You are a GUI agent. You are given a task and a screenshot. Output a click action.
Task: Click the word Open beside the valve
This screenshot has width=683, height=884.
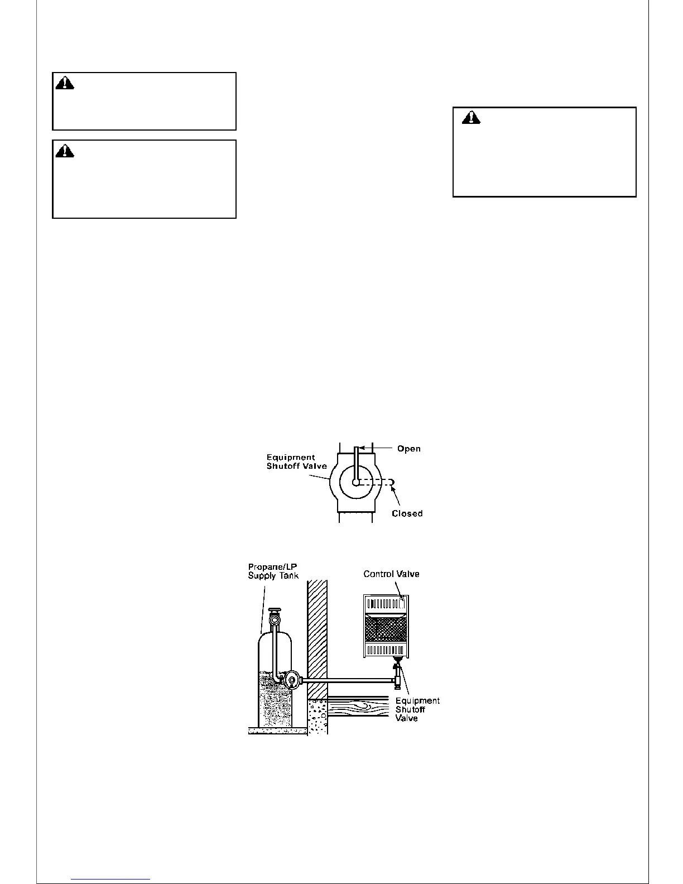pos(408,449)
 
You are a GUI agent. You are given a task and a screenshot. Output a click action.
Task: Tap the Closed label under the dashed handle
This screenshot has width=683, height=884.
pos(407,513)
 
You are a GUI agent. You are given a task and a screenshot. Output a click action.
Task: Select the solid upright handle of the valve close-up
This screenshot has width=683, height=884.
pos(356,463)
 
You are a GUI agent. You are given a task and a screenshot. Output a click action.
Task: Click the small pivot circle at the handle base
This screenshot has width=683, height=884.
pos(355,483)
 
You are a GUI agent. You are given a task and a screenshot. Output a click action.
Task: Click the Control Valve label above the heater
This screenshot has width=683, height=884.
pos(391,574)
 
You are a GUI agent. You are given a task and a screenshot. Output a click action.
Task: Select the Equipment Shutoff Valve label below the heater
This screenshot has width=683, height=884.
pos(417,709)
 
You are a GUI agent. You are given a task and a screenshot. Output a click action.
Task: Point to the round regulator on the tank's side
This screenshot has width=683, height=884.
pos(291,680)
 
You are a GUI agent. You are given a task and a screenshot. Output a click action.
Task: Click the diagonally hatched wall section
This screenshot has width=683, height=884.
pos(316,636)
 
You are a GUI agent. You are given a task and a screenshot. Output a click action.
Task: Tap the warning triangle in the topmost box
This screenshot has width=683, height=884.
pos(65,83)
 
